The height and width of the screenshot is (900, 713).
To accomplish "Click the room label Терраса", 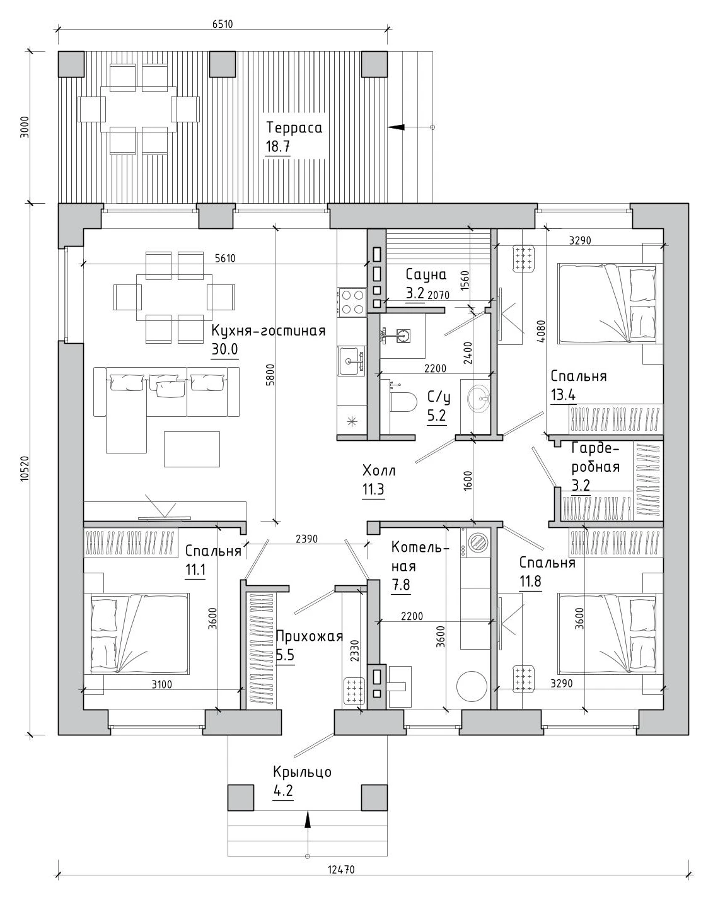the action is (294, 127).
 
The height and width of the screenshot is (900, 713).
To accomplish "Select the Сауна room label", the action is (426, 275).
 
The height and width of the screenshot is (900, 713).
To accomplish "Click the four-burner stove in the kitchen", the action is (352, 302).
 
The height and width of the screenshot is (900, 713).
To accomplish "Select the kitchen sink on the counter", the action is (351, 361).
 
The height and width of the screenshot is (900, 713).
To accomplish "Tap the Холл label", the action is (378, 471).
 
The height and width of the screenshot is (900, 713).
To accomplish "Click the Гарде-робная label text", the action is (595, 457).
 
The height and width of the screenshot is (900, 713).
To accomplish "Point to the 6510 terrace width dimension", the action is (223, 24).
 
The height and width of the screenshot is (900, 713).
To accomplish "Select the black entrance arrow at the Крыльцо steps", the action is (308, 819).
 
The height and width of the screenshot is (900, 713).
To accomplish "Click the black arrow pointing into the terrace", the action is (397, 127).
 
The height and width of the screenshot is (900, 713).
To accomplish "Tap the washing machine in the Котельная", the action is (476, 542).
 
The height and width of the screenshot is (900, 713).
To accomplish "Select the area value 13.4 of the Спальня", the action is (563, 395).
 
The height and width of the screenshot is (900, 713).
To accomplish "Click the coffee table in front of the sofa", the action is (192, 449).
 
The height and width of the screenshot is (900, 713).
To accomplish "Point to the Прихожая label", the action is (310, 636).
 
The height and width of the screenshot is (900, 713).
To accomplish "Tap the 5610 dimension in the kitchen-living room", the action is (226, 259).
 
